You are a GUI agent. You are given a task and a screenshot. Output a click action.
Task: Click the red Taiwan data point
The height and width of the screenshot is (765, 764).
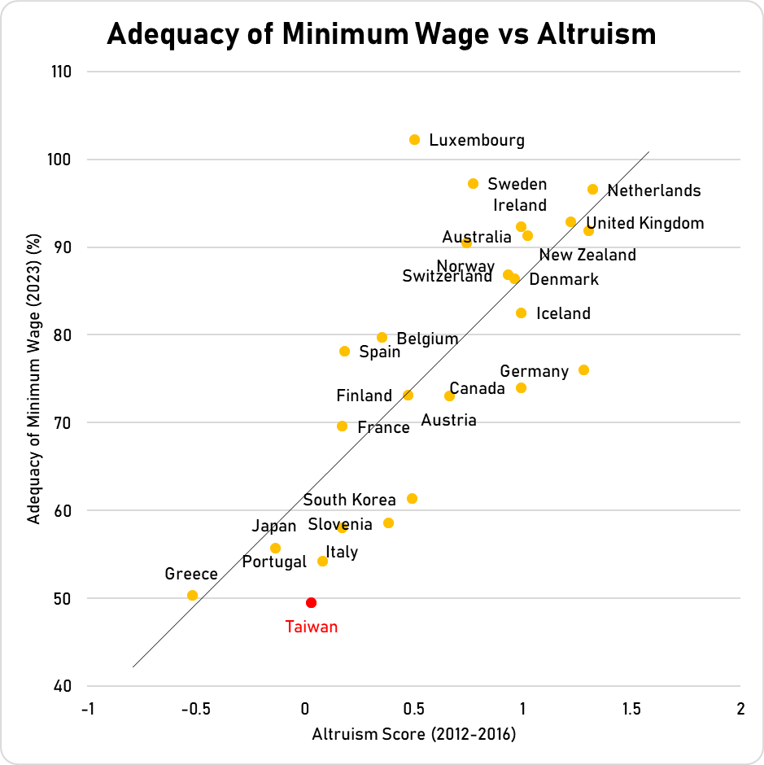311,602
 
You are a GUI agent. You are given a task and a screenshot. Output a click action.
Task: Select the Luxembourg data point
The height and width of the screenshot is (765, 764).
414,140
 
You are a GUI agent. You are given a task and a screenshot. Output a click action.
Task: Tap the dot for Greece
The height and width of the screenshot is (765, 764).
192,595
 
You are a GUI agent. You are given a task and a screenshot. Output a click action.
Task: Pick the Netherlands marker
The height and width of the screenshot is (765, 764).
592,190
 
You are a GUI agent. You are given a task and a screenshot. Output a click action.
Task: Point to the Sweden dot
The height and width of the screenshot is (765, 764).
473,184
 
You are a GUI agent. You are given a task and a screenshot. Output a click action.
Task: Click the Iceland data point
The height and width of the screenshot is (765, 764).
521,313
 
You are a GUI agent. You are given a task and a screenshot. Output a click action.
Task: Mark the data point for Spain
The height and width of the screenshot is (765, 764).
344,352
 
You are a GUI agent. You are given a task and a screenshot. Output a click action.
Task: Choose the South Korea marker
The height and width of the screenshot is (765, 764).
412,498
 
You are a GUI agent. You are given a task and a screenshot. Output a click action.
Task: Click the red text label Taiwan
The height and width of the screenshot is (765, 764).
311,627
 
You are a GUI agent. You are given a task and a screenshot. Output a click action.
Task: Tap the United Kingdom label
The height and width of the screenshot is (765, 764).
645,223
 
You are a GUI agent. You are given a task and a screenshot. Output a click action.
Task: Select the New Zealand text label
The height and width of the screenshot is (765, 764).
587,255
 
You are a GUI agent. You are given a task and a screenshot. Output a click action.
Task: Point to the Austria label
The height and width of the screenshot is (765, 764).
448,420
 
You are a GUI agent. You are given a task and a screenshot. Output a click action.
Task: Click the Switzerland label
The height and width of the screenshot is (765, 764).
447,277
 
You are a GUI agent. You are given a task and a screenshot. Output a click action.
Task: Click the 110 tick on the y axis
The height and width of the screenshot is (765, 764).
60,72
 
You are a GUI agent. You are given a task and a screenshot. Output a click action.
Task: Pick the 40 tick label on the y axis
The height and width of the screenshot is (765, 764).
63,686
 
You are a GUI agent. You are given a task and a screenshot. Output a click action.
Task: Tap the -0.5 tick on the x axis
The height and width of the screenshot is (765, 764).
196,708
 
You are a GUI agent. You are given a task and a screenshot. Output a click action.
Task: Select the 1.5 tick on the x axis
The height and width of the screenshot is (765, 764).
631,708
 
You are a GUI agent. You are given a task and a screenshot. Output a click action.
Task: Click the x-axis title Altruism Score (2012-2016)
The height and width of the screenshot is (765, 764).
414,734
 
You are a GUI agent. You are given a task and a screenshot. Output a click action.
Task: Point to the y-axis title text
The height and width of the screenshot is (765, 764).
34,378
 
